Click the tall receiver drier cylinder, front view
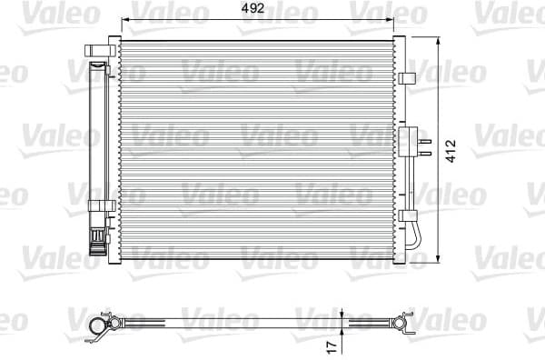pyautogui.click(x=94, y=145)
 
